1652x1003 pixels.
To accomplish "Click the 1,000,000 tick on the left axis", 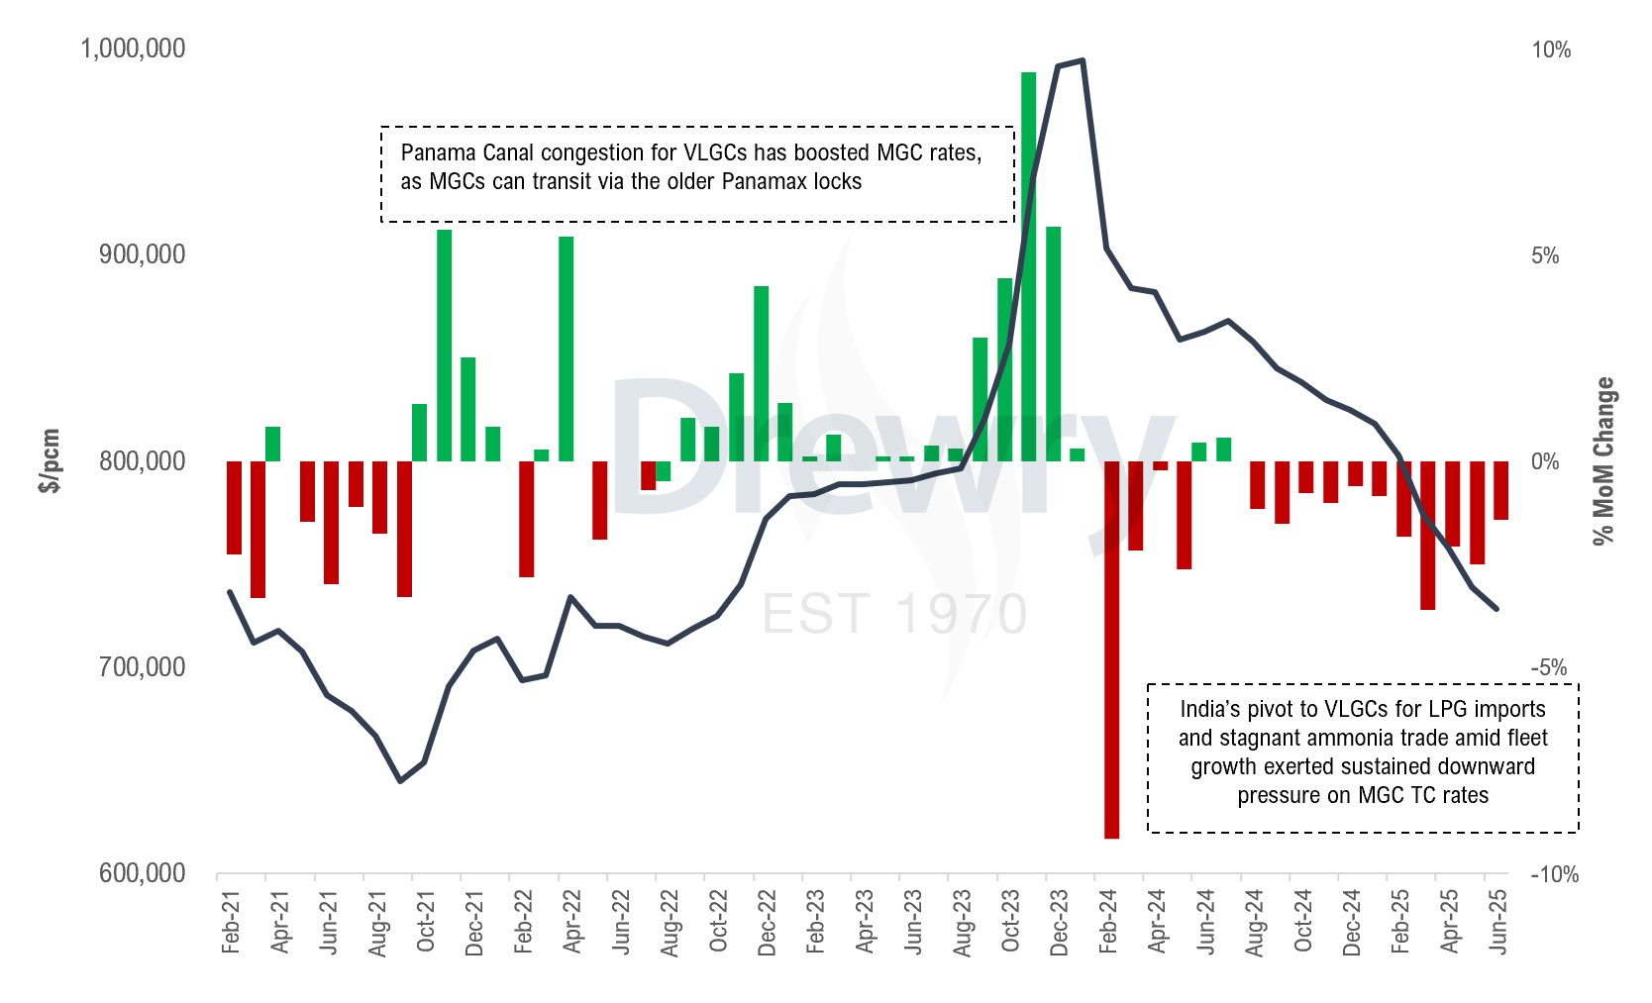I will (x=133, y=49).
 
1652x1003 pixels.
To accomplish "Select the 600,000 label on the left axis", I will (x=143, y=873).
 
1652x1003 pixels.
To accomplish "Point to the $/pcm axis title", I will (x=50, y=460).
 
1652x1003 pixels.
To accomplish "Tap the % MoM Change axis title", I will (x=1604, y=461).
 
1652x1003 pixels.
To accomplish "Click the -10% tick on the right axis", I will (x=1554, y=874).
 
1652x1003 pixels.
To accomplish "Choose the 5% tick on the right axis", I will (x=1545, y=255).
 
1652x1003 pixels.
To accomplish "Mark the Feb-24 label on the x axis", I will (x=1108, y=922).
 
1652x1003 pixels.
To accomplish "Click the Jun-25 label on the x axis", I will (x=1498, y=922).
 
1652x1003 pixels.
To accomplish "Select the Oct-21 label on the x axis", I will (x=426, y=922).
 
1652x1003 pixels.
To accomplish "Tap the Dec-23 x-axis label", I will (x=1060, y=922).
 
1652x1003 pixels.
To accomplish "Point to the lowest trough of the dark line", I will (x=400, y=781).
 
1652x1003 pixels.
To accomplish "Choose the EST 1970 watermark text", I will (x=895, y=615).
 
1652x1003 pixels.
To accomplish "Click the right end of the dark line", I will (x=1497, y=609).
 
